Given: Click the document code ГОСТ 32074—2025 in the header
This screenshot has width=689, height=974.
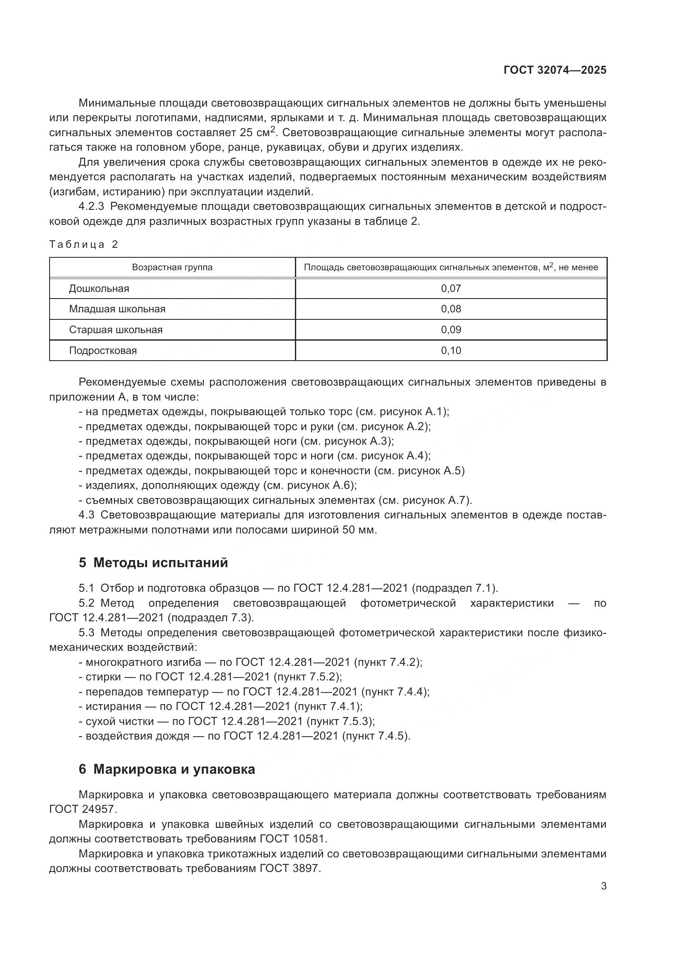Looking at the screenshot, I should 555,70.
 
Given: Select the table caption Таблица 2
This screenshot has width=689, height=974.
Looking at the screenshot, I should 84,244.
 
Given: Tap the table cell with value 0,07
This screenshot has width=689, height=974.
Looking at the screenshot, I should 451,289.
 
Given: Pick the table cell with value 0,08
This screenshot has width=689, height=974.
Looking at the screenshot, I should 451,309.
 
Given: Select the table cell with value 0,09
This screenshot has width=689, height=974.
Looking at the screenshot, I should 451,330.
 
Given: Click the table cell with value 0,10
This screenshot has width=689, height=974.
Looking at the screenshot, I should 451,351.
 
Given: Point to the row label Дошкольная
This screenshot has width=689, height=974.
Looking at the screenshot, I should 99,289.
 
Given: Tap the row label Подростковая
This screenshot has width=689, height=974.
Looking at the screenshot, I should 102,351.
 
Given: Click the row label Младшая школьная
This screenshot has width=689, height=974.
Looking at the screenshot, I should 117,309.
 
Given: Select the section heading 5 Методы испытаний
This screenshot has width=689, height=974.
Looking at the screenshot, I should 153,563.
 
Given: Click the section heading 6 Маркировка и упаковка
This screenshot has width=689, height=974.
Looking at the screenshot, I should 167,770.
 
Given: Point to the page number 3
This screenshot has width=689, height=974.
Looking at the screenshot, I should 603,886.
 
